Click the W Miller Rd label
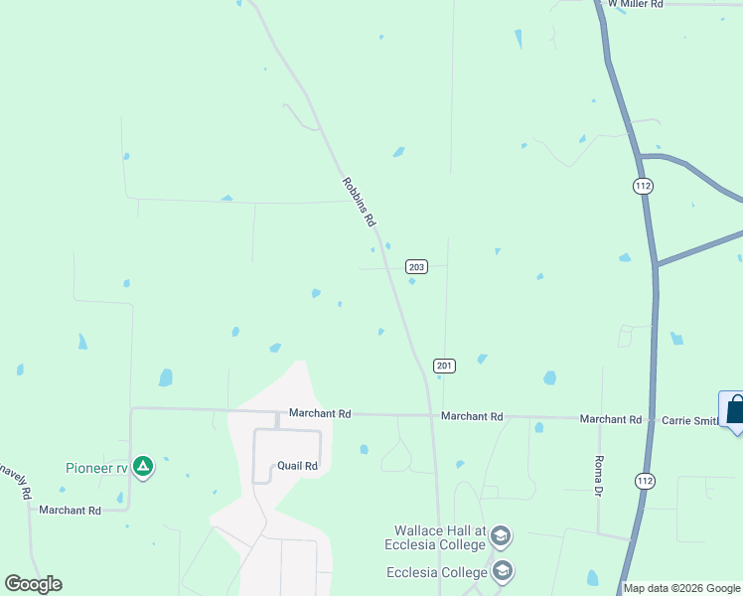(x=635, y=4)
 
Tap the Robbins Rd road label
(x=359, y=201)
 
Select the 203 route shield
(x=416, y=266)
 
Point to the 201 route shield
(x=444, y=367)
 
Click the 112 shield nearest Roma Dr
(x=645, y=480)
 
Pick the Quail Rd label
(x=297, y=466)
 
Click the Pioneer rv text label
(x=97, y=468)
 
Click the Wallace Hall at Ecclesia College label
(x=437, y=537)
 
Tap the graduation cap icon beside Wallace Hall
(x=501, y=537)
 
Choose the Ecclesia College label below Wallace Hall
(x=437, y=572)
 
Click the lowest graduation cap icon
(x=503, y=571)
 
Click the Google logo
(x=33, y=584)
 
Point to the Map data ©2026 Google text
(x=682, y=588)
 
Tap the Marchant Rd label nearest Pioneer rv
(x=70, y=511)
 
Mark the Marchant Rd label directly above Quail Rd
(x=320, y=413)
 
